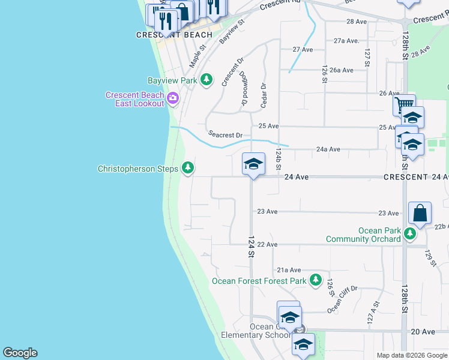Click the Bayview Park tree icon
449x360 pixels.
tap(206, 80)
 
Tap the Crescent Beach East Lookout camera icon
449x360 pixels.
tap(173, 98)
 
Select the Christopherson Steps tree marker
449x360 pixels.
tap(188, 169)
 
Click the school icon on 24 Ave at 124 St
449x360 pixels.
tap(253, 164)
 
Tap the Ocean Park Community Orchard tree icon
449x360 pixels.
tap(409, 233)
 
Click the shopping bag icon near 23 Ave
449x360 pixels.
tap(420, 214)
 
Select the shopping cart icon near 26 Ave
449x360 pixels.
tap(404, 106)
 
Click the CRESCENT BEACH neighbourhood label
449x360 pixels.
tap(166, 35)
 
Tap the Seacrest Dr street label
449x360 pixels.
tap(225, 135)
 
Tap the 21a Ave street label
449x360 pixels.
tap(289, 271)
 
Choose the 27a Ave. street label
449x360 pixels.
tap(346, 41)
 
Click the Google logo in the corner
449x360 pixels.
tap(20, 353)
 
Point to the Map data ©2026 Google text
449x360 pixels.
tap(412, 355)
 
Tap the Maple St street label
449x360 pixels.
tap(198, 55)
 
